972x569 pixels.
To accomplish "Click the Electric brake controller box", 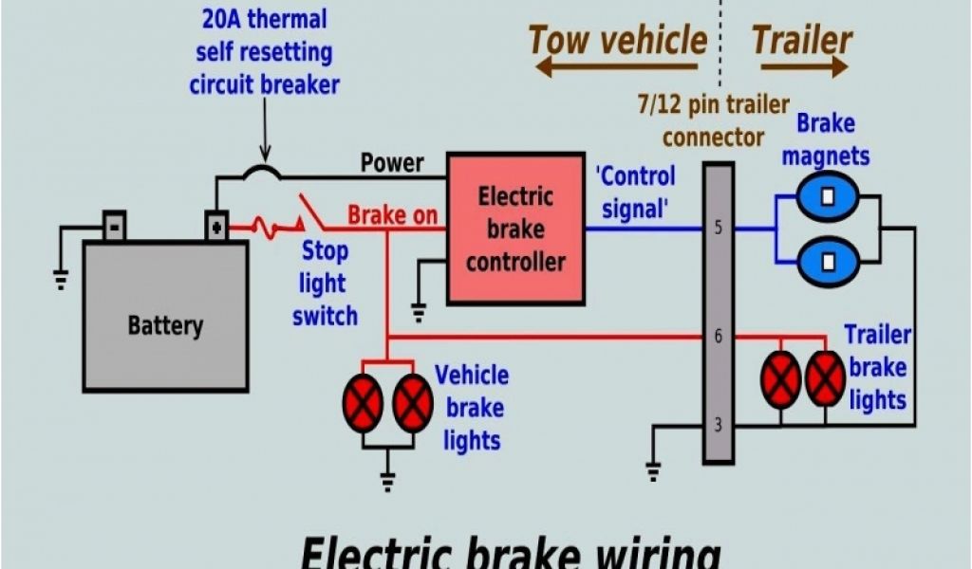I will click(x=515, y=229).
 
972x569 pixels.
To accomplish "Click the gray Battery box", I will click(x=165, y=317).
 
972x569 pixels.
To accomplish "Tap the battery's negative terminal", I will click(x=114, y=226).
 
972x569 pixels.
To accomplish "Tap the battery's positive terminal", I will click(x=217, y=226).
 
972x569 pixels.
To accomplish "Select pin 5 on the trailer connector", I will click(x=718, y=229).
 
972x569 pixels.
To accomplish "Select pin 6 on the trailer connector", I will click(x=718, y=337).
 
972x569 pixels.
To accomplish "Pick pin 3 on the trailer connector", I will click(x=718, y=426).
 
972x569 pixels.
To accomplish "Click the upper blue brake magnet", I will click(x=827, y=198).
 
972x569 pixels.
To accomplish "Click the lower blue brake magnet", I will click(x=827, y=260).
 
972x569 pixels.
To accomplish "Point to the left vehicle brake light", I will click(x=363, y=403).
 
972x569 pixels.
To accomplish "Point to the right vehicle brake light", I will click(x=413, y=403).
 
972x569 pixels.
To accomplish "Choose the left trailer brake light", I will click(x=781, y=379).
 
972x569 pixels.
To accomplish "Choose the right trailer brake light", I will click(x=825, y=379).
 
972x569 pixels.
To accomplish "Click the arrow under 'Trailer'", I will click(x=799, y=67).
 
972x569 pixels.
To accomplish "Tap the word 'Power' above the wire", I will click(x=392, y=163).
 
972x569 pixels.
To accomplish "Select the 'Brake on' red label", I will click(x=392, y=215).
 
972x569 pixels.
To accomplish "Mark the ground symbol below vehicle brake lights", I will click(x=387, y=481).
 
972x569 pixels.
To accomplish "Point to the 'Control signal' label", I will click(x=635, y=193).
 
